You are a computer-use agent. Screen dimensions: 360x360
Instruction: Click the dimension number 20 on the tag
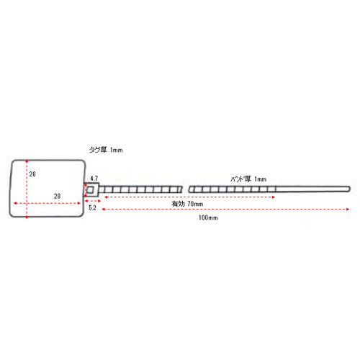point(32,174)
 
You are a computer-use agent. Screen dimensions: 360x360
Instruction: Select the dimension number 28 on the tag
point(57,196)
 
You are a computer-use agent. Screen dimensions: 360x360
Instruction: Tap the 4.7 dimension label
point(94,179)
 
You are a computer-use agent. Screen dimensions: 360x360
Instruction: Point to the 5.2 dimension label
point(92,208)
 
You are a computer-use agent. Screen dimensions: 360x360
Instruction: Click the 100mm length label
point(208,217)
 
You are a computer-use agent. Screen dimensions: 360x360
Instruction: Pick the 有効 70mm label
point(187,204)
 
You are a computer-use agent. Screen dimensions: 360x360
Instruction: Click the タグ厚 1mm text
point(106,150)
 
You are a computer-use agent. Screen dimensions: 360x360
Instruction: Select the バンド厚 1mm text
point(248,179)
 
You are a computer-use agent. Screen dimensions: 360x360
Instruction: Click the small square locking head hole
point(90,190)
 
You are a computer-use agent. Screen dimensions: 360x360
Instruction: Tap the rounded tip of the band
point(349,189)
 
